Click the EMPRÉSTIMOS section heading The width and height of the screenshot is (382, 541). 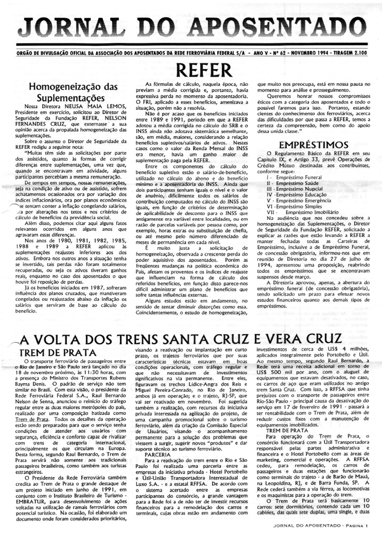312,145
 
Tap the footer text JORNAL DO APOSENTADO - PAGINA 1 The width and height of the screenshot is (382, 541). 320,525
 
